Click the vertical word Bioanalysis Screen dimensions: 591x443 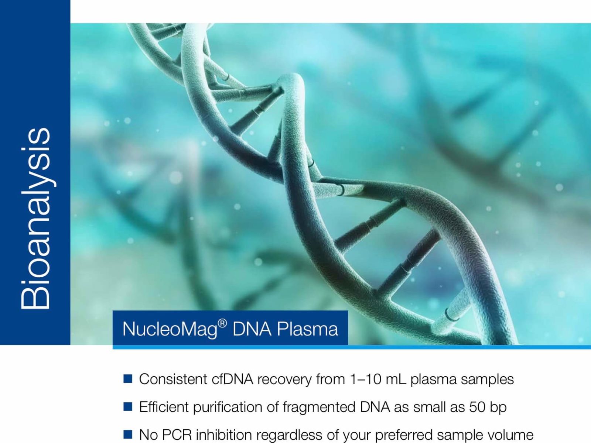click(35, 218)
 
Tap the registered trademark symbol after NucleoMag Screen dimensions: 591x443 click(222, 324)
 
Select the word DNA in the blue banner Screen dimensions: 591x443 click(252, 329)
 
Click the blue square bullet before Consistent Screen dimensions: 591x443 click(128, 379)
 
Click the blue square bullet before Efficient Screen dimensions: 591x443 click(128, 406)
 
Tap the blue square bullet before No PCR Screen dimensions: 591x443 click(128, 434)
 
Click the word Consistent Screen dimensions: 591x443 click(173, 379)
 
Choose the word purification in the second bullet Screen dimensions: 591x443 click(228, 408)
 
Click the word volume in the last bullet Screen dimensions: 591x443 click(511, 435)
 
